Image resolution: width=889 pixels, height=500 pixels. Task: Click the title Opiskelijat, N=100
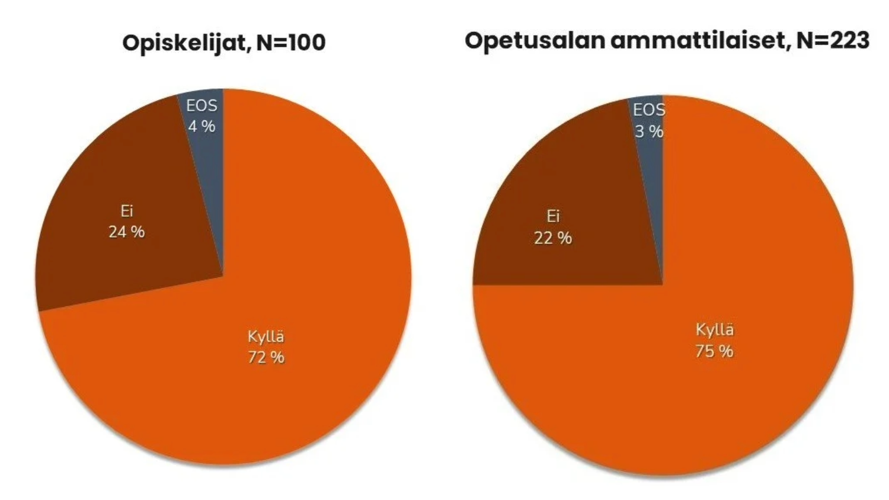point(224,43)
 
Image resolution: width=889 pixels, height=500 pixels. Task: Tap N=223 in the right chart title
point(833,40)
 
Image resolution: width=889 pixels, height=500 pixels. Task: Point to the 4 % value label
point(202,126)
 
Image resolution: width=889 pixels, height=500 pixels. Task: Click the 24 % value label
point(127,232)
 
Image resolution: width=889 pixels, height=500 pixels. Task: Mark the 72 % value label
point(266,357)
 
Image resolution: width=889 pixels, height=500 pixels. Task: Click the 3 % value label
point(649,131)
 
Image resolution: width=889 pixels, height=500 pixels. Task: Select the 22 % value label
point(553,238)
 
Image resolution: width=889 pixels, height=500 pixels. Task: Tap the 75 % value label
point(714,351)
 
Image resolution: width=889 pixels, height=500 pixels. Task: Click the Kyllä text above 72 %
point(266,337)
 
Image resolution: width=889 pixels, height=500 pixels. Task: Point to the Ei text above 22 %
point(553,217)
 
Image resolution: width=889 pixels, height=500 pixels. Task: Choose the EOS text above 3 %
point(649,110)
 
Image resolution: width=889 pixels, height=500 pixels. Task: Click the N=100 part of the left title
point(291,43)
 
